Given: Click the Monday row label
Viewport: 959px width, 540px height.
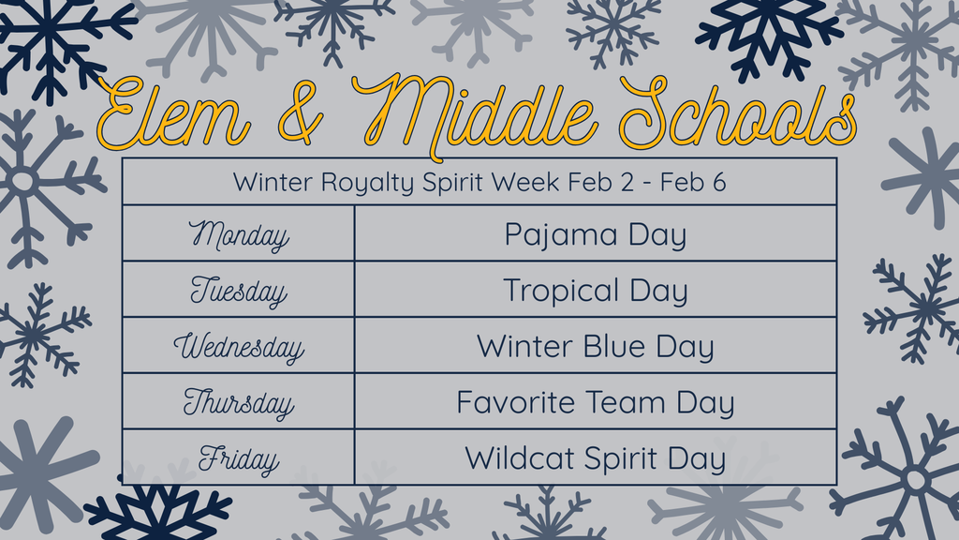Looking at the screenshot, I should click(x=238, y=234).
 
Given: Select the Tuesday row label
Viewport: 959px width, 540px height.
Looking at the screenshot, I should click(x=238, y=291).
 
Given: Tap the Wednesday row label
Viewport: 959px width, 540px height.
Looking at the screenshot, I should click(x=238, y=347).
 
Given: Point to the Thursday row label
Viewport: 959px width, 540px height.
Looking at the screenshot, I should click(x=238, y=403).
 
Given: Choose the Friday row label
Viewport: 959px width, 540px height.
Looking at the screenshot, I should click(x=238, y=459).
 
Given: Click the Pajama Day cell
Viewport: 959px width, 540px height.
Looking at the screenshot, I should click(x=595, y=234).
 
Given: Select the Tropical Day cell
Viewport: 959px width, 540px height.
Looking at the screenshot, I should click(x=595, y=291).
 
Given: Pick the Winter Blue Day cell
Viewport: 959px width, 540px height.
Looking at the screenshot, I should click(x=595, y=347).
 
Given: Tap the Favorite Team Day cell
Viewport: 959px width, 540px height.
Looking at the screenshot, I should click(x=595, y=403).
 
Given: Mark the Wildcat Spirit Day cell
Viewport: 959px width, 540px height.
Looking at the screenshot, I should click(x=595, y=458).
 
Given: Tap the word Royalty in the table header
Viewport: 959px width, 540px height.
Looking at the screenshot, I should click(x=366, y=182).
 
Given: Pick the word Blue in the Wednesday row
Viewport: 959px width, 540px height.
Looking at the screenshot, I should click(x=614, y=347).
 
